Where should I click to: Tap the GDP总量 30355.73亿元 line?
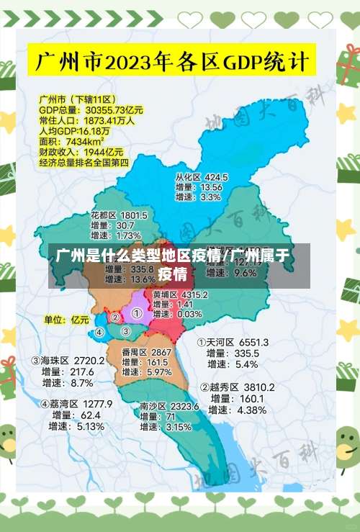point(91,110)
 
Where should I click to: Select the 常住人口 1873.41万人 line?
point(86,121)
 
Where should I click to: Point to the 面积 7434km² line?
point(71,142)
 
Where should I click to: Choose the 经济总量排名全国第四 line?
point(84,163)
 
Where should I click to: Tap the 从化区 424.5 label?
point(201,177)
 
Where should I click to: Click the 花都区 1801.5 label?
point(119,215)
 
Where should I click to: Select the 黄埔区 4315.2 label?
point(180,294)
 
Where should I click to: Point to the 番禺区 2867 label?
point(146,352)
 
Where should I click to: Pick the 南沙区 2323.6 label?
point(168,407)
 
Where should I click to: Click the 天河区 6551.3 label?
point(233,342)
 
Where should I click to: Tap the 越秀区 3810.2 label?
point(237,387)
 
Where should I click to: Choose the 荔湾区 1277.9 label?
point(76,404)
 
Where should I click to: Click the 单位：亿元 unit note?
point(66,319)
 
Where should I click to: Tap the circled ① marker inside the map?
point(136,314)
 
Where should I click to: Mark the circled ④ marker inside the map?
point(99,333)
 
